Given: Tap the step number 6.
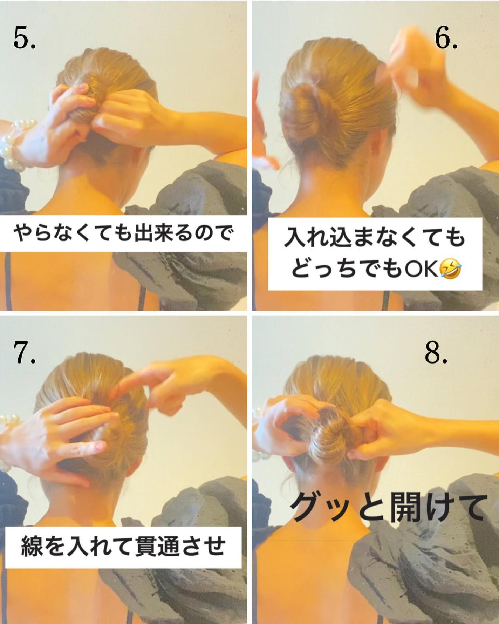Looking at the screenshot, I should tap(446, 38).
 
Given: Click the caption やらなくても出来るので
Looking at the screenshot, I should tap(123, 233).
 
